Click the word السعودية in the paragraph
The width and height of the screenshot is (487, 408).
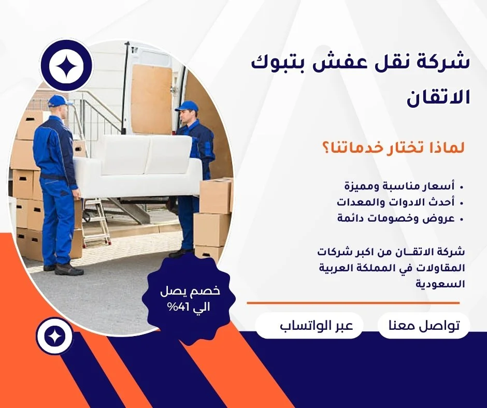point(440,284)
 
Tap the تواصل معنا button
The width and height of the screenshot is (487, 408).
point(424,326)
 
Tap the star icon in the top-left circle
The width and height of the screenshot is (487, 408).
point(66,66)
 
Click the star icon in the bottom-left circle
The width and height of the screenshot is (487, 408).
point(54,336)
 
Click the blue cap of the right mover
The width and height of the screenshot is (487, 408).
point(187,106)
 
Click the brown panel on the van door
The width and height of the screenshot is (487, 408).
point(152,99)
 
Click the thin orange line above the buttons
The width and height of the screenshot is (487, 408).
point(353,303)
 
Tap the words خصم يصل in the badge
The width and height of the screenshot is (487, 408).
point(190,292)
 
